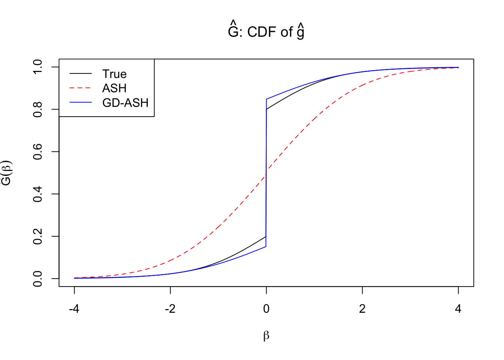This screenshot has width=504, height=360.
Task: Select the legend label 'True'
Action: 114,74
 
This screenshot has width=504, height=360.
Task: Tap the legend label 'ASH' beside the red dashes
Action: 114,88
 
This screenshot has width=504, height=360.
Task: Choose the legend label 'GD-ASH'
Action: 125,103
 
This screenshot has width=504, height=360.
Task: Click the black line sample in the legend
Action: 81,74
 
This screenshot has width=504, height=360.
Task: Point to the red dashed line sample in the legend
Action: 81,88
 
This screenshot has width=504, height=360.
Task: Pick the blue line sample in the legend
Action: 81,103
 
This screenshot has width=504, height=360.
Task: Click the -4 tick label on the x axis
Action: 74,309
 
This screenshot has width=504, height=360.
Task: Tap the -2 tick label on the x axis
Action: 170,309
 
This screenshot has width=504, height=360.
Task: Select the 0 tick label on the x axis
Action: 266,309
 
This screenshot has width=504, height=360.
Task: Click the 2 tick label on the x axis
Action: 362,309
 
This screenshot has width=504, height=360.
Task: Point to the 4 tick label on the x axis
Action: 458,309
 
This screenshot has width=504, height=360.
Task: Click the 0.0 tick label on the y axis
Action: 37,279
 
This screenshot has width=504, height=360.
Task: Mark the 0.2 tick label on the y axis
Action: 37,236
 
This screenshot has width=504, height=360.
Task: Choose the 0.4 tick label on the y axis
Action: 37,194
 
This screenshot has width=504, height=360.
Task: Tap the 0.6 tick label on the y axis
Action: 37,151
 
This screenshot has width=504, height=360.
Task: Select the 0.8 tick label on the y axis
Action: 37,109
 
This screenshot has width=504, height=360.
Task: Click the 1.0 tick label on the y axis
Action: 37,67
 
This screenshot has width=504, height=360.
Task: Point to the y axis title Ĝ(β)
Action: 7,173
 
